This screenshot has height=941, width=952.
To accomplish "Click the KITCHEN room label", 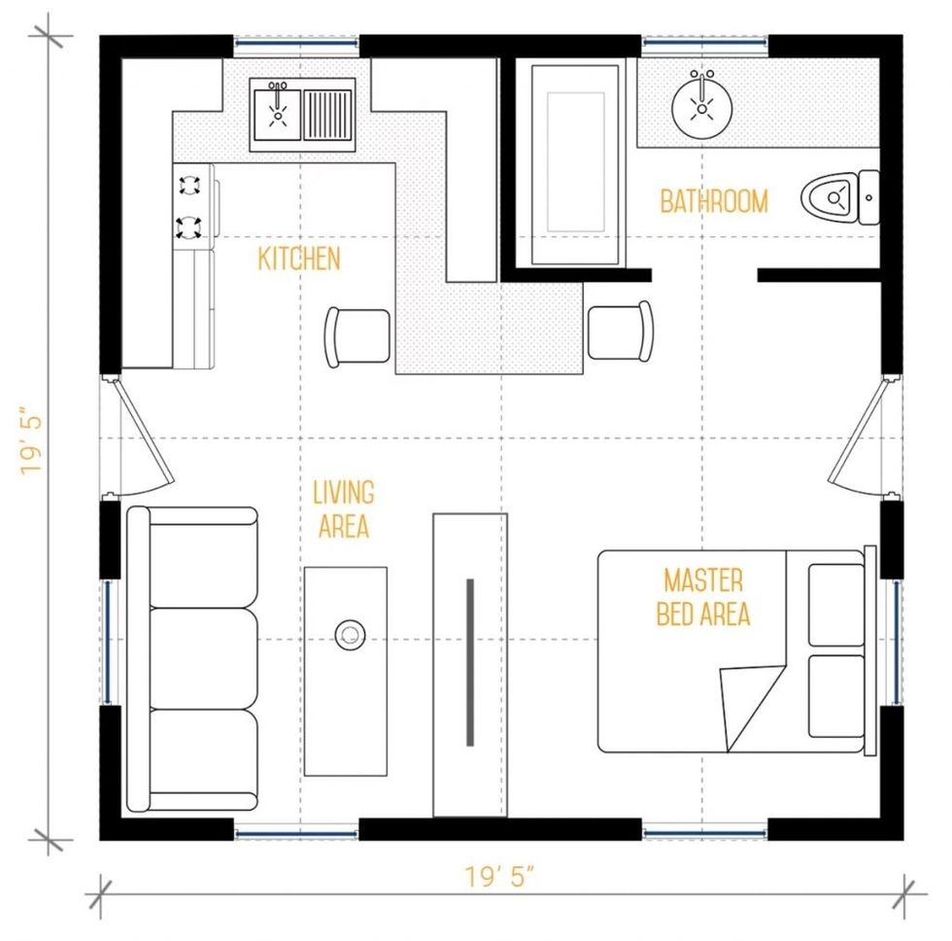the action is pyautogui.click(x=299, y=259).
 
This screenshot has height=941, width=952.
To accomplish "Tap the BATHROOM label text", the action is pyautogui.click(x=714, y=201).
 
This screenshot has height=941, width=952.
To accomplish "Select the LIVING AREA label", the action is pyautogui.click(x=344, y=509).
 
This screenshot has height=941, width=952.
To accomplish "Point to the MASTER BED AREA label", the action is pyautogui.click(x=703, y=597).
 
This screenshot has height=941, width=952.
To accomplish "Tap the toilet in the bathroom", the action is pyautogui.click(x=839, y=197).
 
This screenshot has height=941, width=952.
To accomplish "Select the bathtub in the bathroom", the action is pyautogui.click(x=575, y=164).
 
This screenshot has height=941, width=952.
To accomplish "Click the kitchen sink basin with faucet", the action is pyautogui.click(x=278, y=113).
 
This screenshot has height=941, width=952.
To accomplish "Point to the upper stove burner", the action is pyautogui.click(x=188, y=185).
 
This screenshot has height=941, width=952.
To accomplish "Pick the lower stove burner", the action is pyautogui.click(x=188, y=227).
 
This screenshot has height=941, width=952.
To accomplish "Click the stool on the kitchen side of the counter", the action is pyautogui.click(x=357, y=337).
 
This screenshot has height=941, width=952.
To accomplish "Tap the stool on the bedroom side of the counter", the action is pyautogui.click(x=621, y=331).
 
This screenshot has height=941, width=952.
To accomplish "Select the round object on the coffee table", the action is pyautogui.click(x=350, y=635).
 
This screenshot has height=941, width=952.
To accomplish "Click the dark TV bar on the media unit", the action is pyautogui.click(x=470, y=662).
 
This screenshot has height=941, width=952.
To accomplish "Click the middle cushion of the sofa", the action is pyautogui.click(x=203, y=658).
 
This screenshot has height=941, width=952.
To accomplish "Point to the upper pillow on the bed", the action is pyautogui.click(x=836, y=605).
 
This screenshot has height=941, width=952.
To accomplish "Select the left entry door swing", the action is pyautogui.click(x=143, y=435).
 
